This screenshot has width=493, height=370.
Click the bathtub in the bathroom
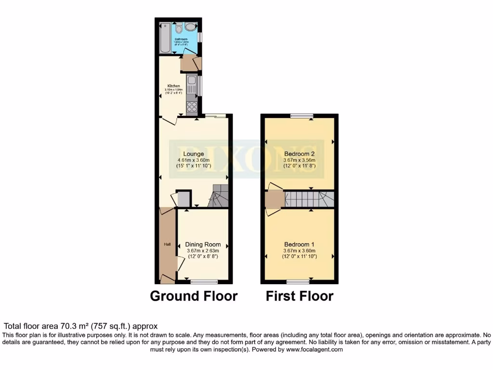164,38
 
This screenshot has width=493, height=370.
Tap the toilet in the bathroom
179,29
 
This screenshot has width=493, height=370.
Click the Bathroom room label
181,39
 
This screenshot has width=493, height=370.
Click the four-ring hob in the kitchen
191,106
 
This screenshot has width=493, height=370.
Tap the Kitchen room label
173,86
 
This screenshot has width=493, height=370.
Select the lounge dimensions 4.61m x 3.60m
193,161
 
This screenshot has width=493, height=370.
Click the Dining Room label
203,245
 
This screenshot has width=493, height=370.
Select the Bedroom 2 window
301,116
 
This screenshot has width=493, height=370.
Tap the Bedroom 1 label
299,244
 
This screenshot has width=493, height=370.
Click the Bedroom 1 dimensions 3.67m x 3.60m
299,251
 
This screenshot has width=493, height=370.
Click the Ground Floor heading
194,296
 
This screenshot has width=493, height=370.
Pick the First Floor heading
299,296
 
